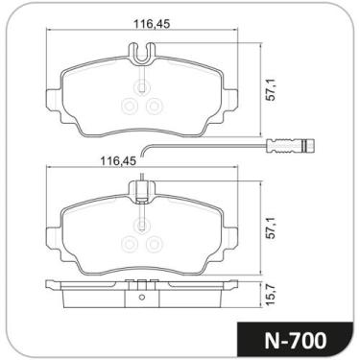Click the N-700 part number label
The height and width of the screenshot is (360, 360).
pos(295,340)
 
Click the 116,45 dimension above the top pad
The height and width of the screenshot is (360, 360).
pos(151,24)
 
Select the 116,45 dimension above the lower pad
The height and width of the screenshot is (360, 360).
pos(118,160)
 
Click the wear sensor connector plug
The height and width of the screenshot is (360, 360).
pos(291,145)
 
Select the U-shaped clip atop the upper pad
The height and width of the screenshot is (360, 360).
pos(142,53)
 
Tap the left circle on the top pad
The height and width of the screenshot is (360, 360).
pos(130,106)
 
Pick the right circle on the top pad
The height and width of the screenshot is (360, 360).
pos(155,106)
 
